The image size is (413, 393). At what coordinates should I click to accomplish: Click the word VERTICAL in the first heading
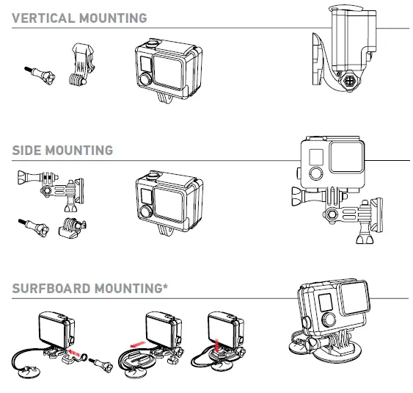pyautogui.click(x=43, y=18)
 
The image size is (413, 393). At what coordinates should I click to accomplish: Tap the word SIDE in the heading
pyautogui.click(x=26, y=151)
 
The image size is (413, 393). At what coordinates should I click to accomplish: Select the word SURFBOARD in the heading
pyautogui.click(x=51, y=288)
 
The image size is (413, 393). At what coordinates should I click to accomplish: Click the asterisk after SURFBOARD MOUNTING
pyautogui.click(x=165, y=286)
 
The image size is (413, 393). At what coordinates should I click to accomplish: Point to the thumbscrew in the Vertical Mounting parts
pyautogui.click(x=40, y=76)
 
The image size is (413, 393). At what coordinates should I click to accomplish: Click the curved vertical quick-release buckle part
pyautogui.click(x=81, y=65)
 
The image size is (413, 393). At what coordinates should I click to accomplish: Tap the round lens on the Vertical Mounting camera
pyautogui.click(x=145, y=79)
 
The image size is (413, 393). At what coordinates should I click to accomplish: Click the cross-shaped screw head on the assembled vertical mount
pyautogui.click(x=350, y=81)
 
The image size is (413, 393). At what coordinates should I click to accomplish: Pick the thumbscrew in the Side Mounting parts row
pyautogui.click(x=34, y=228)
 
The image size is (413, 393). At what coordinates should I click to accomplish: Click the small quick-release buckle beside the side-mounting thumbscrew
pyautogui.click(x=72, y=228)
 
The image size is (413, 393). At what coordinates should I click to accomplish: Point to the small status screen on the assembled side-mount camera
pyautogui.click(x=316, y=157)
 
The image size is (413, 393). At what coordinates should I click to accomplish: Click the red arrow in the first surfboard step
pyautogui.click(x=74, y=353)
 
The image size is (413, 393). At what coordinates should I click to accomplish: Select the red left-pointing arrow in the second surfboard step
pyautogui.click(x=138, y=345)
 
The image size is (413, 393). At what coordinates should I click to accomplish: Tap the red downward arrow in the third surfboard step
pyautogui.click(x=217, y=346)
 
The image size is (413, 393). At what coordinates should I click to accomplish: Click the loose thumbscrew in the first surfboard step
pyautogui.click(x=101, y=364)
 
